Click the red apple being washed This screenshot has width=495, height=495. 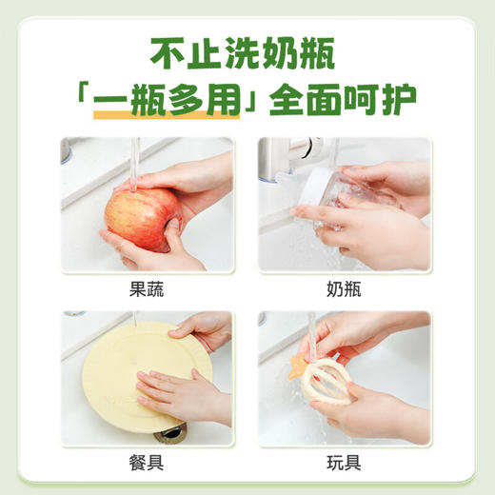(x=142, y=217)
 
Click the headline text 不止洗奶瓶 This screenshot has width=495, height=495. (x=247, y=53)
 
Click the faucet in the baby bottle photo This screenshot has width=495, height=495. (x=286, y=157)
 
